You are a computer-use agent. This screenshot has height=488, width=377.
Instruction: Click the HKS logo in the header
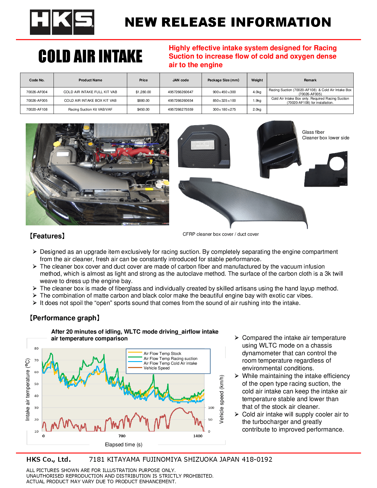pos(62,22)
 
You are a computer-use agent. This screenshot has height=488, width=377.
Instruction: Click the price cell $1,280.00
pos(143,92)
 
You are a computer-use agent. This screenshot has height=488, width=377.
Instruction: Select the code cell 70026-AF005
pos(37,101)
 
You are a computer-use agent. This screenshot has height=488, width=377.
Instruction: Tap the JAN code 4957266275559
pos(180,109)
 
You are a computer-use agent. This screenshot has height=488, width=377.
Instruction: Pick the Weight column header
pos(257,80)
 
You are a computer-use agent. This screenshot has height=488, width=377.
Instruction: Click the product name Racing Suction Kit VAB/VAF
pos(90,109)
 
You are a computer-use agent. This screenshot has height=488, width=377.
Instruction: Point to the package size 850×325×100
pos(224,101)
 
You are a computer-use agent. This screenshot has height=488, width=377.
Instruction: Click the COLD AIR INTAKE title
pos(90,56)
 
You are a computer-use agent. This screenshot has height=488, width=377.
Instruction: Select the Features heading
pos(47,236)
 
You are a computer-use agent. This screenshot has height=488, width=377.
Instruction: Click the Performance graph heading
pos(65,318)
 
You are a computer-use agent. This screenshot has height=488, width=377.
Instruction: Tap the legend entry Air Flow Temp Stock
pos(162,353)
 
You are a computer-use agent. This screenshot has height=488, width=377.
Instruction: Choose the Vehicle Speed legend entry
pos(156,368)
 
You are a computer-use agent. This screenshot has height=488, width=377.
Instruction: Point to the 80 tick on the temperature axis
pos(36,348)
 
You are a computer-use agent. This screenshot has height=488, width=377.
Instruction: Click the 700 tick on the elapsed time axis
pos(122,436)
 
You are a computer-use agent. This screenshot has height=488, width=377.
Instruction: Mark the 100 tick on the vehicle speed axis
pos(211,408)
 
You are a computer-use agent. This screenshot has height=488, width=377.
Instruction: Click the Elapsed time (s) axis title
pos(124,445)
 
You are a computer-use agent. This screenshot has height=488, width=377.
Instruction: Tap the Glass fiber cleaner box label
pos(325,135)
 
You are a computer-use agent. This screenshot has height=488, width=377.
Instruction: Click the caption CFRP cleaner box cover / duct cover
pos(221,234)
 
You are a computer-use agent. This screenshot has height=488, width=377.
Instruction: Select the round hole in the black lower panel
pos(336,164)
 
